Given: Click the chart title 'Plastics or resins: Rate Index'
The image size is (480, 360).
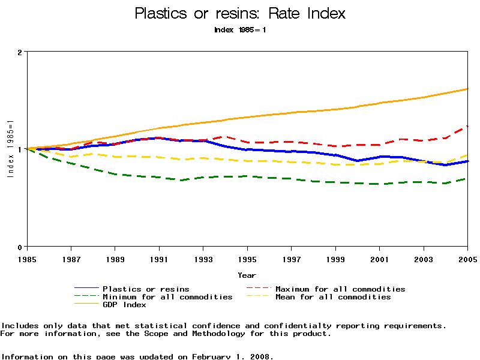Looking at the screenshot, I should [x=240, y=13].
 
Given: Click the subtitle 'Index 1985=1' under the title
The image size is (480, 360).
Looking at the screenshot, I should [x=240, y=29].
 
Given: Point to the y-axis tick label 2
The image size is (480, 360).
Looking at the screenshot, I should [x=20, y=52].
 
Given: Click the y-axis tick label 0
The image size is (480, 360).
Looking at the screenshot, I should [x=20, y=247].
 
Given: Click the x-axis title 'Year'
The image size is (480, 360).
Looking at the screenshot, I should [x=247, y=275].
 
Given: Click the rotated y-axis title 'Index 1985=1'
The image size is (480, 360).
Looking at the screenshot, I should [x=10, y=149].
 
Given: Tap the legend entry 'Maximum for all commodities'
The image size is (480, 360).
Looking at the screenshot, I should [x=340, y=289].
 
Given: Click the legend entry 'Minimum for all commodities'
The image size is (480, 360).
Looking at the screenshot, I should [x=167, y=297].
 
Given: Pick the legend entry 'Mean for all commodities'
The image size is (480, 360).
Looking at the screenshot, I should [x=333, y=297].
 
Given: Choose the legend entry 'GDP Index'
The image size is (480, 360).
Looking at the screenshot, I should [x=124, y=305].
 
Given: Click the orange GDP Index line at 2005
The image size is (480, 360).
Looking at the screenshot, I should [x=467, y=89].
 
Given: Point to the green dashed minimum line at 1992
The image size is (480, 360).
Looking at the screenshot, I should [x=181, y=179].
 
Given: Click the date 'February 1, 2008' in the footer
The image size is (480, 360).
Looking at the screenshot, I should [x=232, y=356].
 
